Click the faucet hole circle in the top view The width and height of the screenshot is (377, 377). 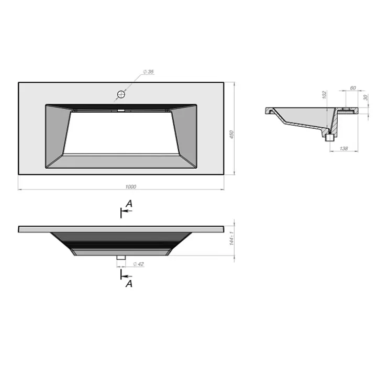[x=121, y=94]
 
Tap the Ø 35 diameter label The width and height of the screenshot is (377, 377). [x=148, y=72]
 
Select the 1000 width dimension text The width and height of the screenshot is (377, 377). [x=130, y=186]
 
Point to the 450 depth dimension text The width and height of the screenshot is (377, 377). [x=231, y=134]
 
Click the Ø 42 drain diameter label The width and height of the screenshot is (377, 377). [x=138, y=264]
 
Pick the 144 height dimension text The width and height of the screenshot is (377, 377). [x=231, y=239]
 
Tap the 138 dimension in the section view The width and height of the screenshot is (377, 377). [x=343, y=148]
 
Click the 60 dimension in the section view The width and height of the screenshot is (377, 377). [x=353, y=88]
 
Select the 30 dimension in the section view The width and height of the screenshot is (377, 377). [x=365, y=97]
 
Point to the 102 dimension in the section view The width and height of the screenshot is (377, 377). [x=324, y=94]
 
